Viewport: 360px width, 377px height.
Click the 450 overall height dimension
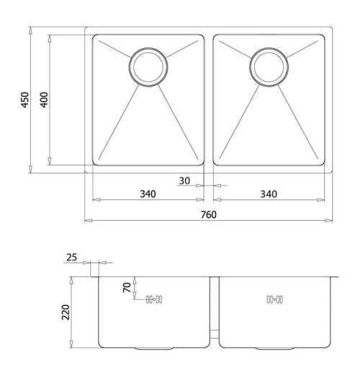coord(24,100)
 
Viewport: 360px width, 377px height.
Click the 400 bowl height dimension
coord(44,100)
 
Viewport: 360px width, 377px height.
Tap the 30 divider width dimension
coord(184,181)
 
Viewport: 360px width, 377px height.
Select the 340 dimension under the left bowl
coord(148,194)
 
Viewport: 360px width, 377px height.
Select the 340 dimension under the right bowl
coord(269,194)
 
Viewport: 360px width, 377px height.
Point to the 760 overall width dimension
coord(209,214)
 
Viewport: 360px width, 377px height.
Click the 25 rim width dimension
coord(71,258)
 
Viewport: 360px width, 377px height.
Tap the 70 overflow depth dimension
coord(127,288)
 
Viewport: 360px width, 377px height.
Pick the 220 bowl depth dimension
coord(66,312)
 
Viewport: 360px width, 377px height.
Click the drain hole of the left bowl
coord(148,67)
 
